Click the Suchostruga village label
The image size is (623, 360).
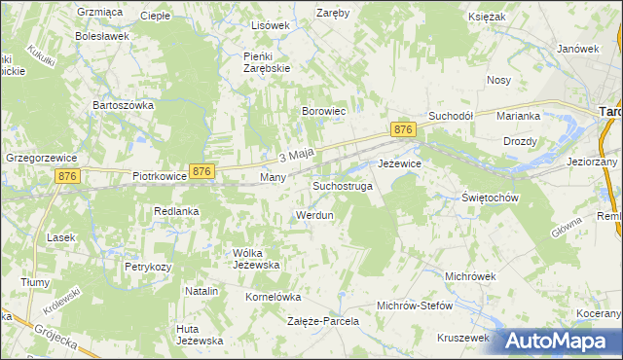click(342, 185)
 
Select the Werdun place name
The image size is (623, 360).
click(314, 215)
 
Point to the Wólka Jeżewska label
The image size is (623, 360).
click(256, 258)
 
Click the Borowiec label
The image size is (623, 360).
click(324, 112)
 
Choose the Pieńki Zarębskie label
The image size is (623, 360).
click(267, 62)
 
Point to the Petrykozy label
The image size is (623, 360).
click(148, 266)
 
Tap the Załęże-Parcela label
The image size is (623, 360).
click(323, 320)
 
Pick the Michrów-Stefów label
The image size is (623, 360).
click(415, 306)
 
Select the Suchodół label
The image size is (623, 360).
click(451, 115)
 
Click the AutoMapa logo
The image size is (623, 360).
click(562, 342)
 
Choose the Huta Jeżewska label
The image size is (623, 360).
click(201, 334)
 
